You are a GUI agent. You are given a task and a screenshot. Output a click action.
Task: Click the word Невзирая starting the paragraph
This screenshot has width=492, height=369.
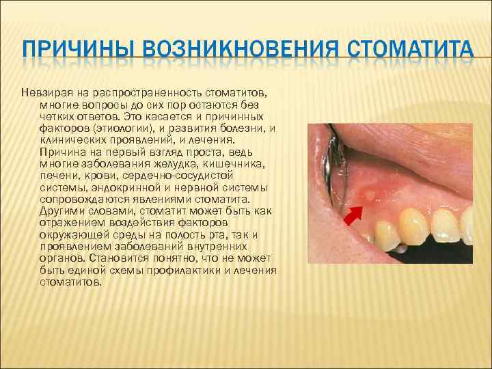(43, 92)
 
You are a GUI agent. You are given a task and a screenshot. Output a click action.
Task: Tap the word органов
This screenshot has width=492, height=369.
(59, 259)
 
